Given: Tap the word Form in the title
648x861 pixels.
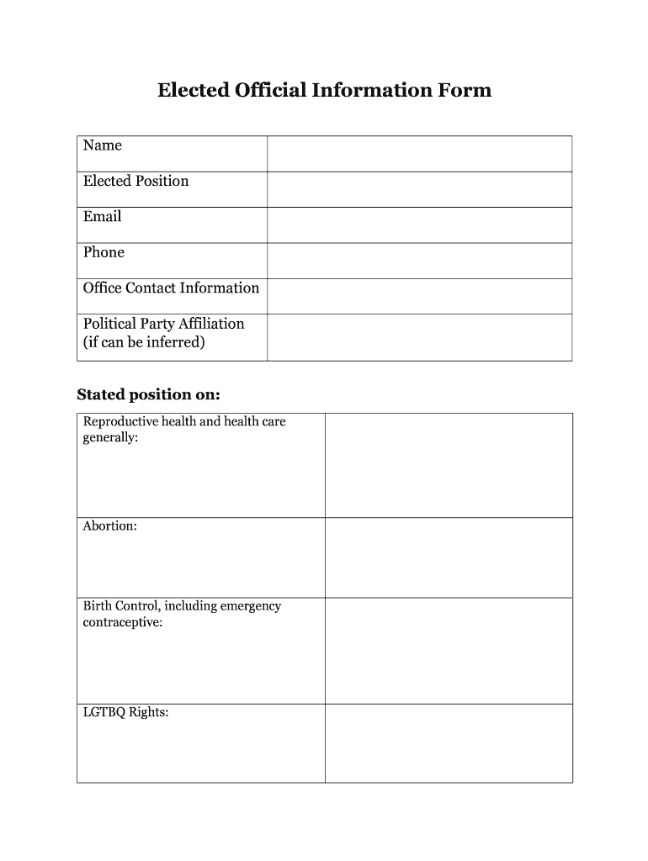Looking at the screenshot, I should pos(463,90).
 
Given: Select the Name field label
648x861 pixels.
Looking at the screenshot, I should pos(103,145).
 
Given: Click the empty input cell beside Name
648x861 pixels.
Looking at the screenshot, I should pos(419,154).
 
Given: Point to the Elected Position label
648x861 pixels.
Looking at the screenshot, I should pos(135,181).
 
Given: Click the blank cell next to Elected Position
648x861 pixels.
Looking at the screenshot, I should pos(419,189).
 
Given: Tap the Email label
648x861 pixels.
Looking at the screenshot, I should pos(103,216).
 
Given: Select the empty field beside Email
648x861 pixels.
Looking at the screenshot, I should pos(419,224).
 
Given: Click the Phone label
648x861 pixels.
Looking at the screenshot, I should pos(104,252).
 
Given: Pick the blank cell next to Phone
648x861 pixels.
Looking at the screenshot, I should pos(419,261).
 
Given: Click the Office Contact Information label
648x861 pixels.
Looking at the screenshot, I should pos(171,288).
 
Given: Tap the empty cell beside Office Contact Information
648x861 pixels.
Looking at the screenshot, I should pos(419,296).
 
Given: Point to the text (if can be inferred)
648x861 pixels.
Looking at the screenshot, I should pos(144,342).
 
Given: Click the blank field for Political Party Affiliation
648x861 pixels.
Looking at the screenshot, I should pos(419,337).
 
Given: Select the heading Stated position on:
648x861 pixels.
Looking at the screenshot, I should pos(148,394).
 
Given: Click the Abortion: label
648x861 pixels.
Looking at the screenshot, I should pos(109,526).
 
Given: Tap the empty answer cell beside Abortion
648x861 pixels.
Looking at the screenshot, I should pos(449,557).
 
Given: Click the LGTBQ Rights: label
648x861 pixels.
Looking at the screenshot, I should pos(125,712).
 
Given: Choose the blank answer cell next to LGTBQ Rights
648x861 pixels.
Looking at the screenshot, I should pos(449,743).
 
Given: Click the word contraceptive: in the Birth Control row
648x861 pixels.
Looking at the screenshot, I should pos(122,622).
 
